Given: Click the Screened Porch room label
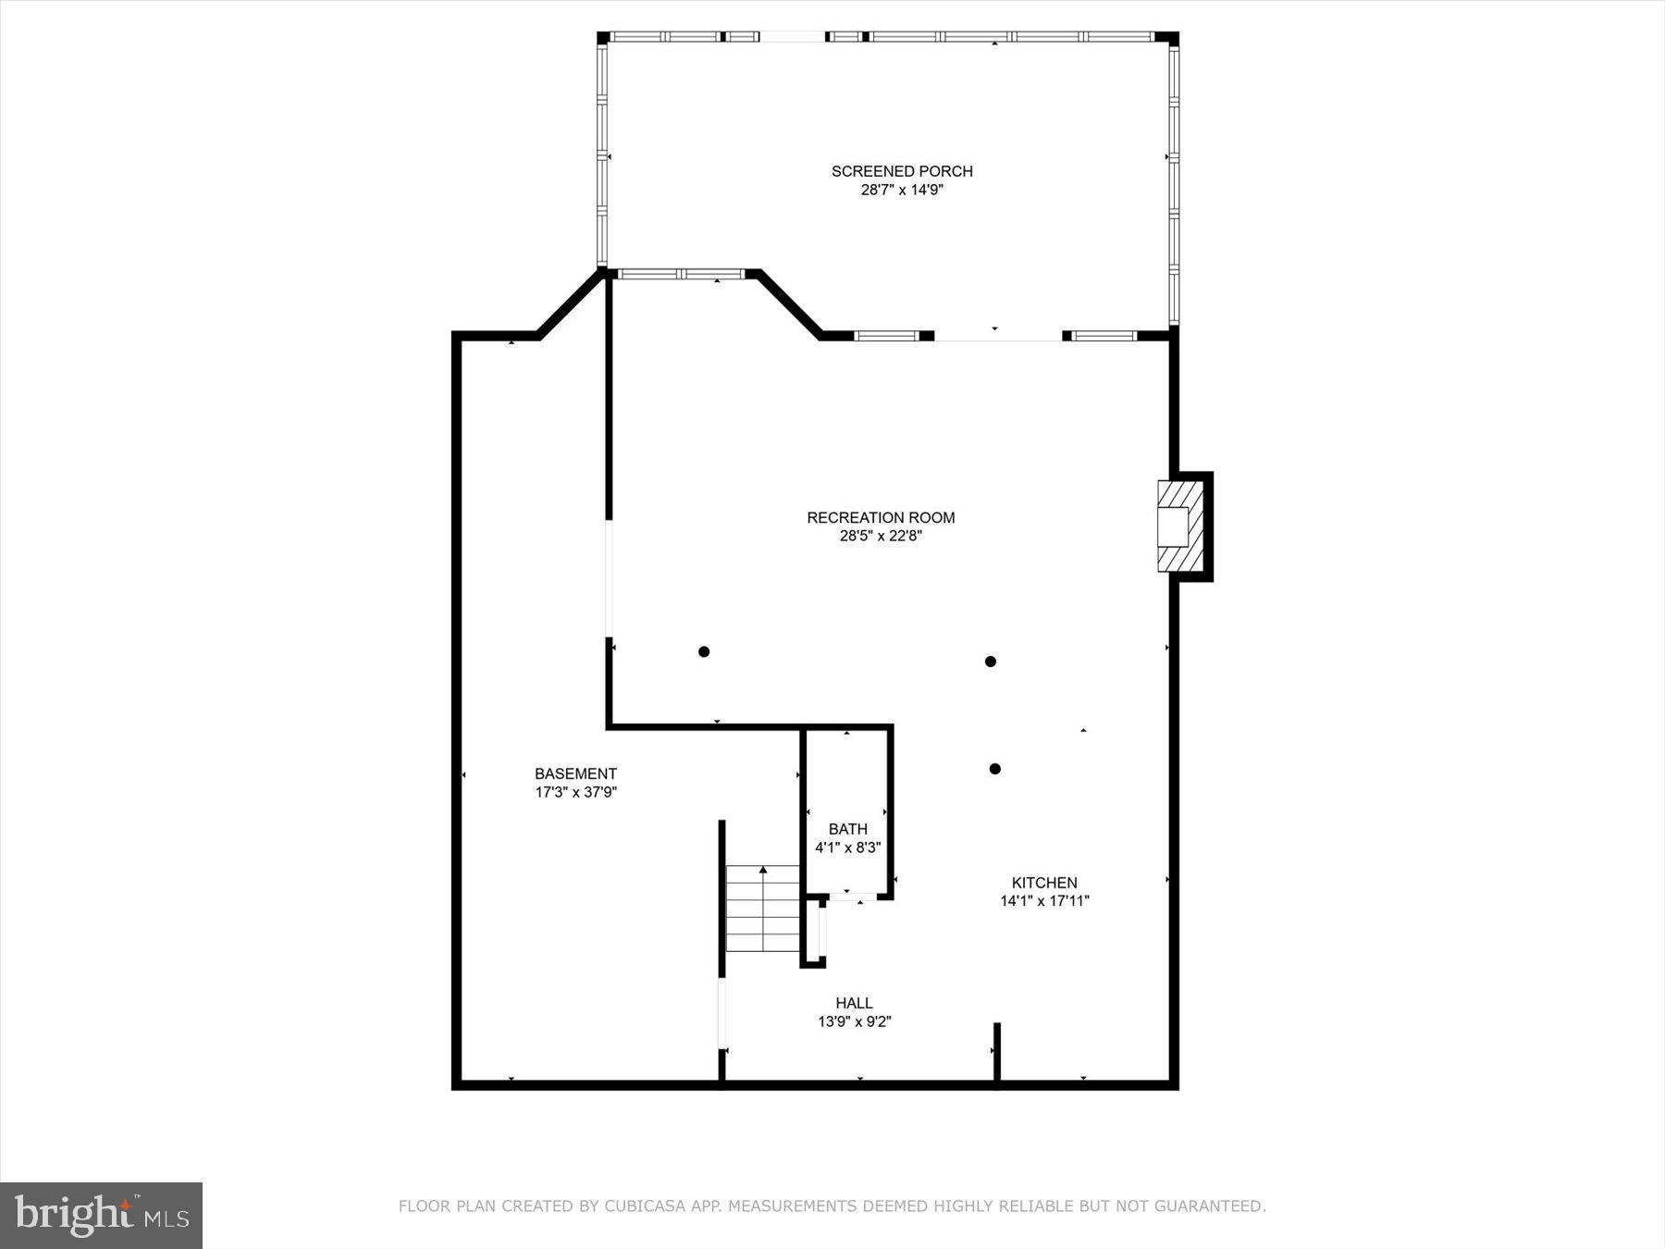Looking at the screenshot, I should point(902,171).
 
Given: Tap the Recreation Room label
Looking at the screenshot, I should point(881,517).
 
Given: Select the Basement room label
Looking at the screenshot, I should point(575,773).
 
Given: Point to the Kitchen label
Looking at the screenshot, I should point(1044,883).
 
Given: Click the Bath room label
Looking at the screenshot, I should point(847,829).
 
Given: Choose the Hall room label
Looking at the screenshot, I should point(854,1003).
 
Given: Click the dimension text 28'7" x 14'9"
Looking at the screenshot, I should point(902,191).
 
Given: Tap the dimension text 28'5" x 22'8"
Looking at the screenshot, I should point(881,536).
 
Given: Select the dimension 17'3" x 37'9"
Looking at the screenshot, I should point(575,793).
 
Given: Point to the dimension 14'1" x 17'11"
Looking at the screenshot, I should point(1044,901).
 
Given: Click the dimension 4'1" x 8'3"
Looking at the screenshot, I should point(847,847).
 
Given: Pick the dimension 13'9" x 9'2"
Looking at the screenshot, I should point(854,1022).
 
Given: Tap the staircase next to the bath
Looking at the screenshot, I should point(762,909).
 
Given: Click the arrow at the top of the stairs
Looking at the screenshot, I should point(763,871).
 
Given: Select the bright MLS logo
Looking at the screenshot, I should point(101,1215).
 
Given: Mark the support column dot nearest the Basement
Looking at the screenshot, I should point(704,652).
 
